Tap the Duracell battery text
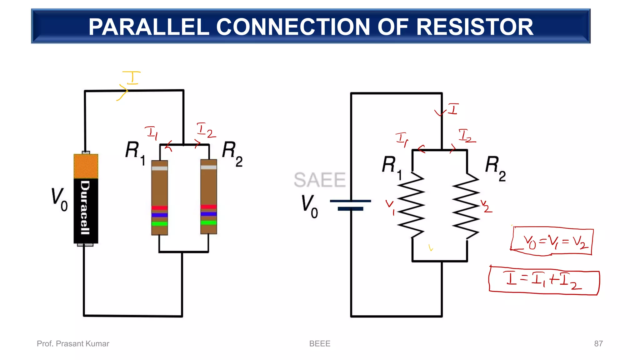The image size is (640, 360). [85, 207]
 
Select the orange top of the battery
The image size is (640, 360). [86, 166]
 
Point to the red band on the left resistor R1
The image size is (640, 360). [160, 208]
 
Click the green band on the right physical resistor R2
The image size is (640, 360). [209, 222]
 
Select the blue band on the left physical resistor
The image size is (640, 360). [160, 215]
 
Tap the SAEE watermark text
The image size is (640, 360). [319, 180]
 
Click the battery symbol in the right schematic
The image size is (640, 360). [351, 205]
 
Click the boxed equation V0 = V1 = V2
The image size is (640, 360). [552, 242]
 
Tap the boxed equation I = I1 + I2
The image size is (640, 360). [544, 280]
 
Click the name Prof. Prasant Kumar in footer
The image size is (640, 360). [73, 344]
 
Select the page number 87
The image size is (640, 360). [598, 344]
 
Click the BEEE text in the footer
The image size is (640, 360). [320, 344]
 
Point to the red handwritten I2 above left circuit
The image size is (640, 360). [206, 130]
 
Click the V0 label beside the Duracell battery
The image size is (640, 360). [59, 200]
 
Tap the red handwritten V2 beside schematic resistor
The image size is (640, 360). [486, 207]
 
